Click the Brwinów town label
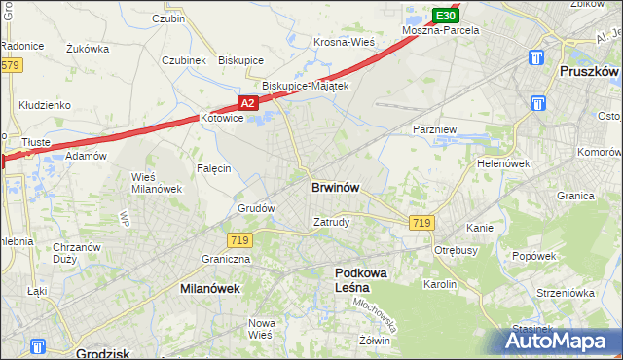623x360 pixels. [337, 188]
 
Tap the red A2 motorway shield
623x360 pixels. [248, 102]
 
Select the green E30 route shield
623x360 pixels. [445, 16]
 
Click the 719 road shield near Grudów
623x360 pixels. [238, 239]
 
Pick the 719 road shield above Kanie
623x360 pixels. [421, 223]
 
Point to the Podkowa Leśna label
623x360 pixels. [362, 280]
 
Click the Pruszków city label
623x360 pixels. [590, 72]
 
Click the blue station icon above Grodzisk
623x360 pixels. [38, 345]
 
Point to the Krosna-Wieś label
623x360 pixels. [344, 42]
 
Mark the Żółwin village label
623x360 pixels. [374, 341]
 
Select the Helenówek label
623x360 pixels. [502, 163]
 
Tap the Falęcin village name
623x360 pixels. [213, 168]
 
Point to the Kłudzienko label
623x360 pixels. [41, 104]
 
